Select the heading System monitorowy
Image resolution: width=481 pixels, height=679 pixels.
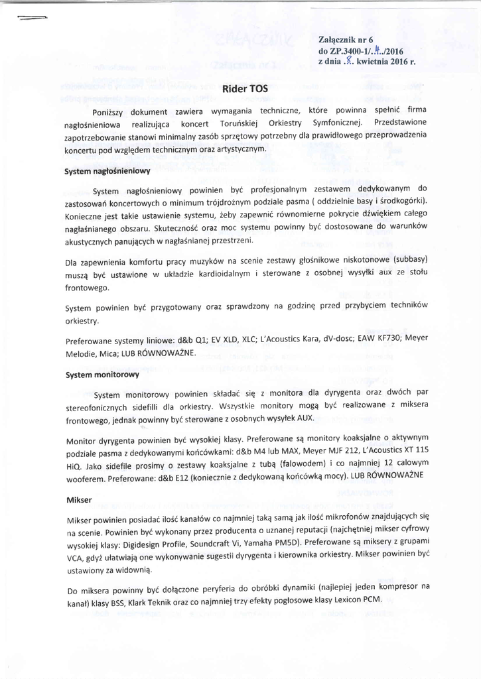102,375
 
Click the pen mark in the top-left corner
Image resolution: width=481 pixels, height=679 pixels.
31,19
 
